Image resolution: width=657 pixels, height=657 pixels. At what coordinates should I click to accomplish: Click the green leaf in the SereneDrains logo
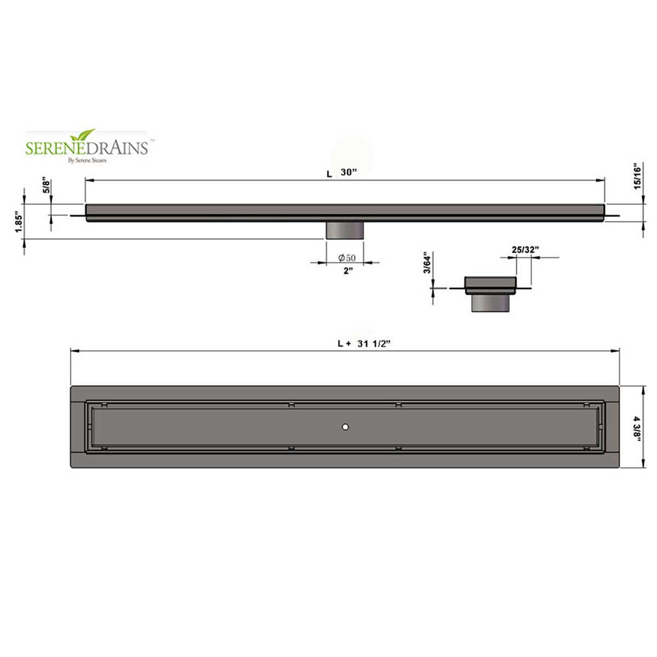(83, 135)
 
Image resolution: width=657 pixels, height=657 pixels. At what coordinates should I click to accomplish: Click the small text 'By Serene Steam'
(87, 160)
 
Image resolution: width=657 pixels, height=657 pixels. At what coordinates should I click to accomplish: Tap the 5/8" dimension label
(47, 186)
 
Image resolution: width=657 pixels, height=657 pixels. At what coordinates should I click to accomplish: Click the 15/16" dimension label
(637, 176)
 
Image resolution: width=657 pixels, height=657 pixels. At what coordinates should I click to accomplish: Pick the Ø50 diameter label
(347, 258)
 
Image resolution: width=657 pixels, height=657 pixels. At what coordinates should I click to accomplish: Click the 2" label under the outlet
(348, 271)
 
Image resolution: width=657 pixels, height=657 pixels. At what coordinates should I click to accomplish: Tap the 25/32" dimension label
(525, 250)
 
